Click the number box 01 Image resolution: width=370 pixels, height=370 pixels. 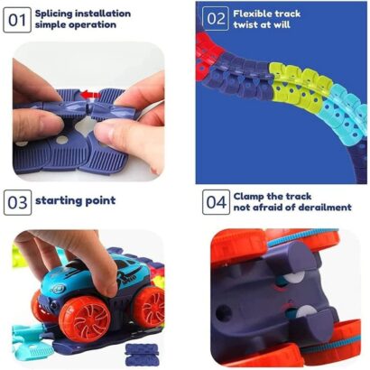(17, 20)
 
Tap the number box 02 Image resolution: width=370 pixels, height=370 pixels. (216, 19)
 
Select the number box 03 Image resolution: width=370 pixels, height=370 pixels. (17, 202)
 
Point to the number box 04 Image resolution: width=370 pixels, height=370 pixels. (216, 202)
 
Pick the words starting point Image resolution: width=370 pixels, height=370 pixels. (76, 200)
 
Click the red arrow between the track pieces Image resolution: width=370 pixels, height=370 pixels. (90, 95)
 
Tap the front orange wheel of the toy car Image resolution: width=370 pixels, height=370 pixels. (85, 319)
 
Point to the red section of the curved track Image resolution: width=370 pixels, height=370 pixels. (208, 58)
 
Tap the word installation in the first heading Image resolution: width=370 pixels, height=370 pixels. (103, 14)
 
